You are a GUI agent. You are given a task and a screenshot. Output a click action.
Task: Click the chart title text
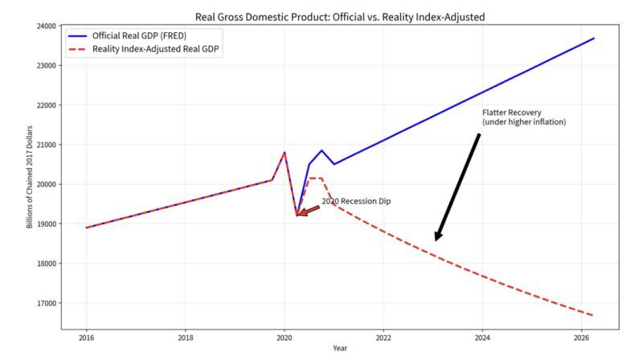339,17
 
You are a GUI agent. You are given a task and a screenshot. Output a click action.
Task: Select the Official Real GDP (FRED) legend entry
127,36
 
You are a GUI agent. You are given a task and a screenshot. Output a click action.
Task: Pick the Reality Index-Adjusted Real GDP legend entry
143,49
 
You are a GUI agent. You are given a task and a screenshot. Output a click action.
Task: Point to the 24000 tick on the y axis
47,27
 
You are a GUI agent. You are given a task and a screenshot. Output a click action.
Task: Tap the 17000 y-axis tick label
47,304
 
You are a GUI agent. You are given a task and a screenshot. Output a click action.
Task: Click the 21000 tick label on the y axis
47,145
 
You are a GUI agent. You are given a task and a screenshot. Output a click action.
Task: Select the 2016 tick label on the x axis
86,338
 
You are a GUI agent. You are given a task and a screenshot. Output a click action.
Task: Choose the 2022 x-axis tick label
383,338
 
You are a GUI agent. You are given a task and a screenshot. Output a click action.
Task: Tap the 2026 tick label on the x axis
581,338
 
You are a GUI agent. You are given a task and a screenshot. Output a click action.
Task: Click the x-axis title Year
340,349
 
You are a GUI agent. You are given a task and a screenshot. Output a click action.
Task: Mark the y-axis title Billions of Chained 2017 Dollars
30,177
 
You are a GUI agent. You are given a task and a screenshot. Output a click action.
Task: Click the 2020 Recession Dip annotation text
356,202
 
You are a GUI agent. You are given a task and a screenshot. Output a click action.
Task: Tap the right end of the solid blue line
594,39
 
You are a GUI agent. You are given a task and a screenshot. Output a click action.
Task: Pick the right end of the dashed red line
593,316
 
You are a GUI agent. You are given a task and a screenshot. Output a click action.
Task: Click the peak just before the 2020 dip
285,153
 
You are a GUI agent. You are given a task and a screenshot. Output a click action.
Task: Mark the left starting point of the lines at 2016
87,227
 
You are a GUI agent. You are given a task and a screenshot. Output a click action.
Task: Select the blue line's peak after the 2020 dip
321,150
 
